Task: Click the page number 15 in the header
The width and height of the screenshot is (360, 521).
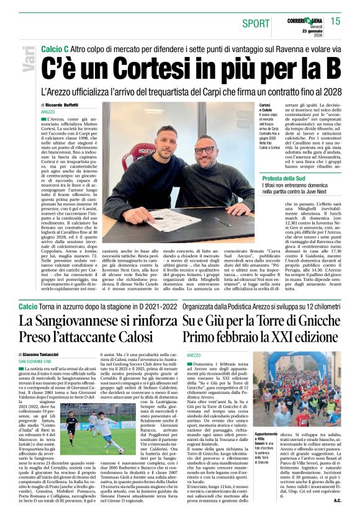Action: tap(335, 21)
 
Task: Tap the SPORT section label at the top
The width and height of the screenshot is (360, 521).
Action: tap(256, 24)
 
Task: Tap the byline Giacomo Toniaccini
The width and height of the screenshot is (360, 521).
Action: tap(60, 354)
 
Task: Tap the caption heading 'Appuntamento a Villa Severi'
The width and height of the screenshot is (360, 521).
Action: tap(266, 437)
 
